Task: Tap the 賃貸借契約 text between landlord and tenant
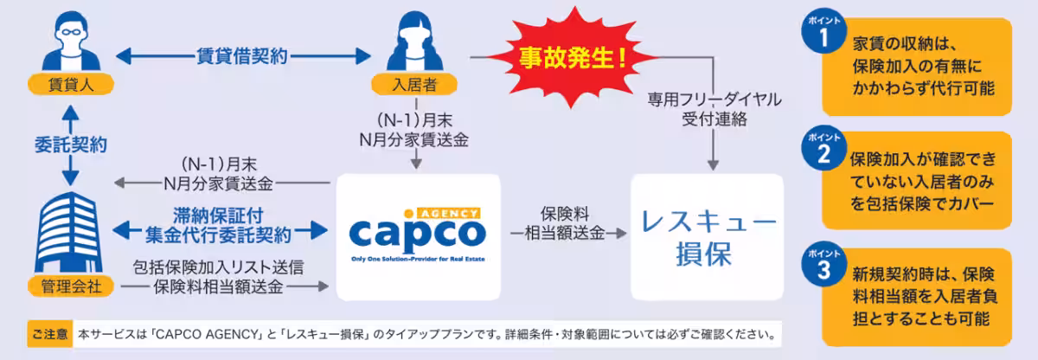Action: click(x=242, y=57)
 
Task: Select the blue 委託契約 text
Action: click(x=67, y=141)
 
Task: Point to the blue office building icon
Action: click(x=67, y=234)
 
